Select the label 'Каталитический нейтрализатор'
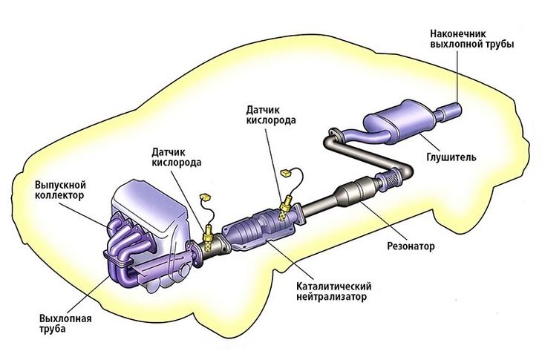click(x=333, y=292)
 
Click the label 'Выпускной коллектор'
click(x=62, y=189)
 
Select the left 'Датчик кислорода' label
click(x=177, y=157)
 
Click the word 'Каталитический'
click(x=333, y=286)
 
